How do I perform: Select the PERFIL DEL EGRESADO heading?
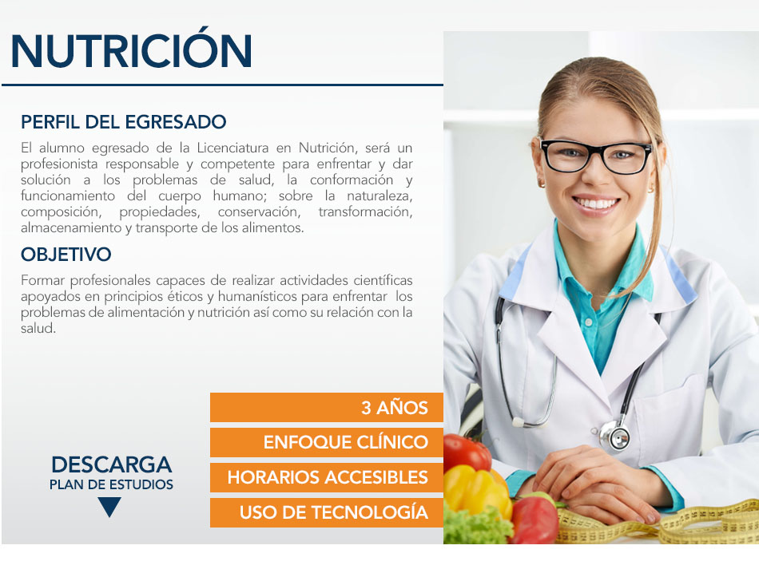123,122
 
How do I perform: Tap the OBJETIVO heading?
66,255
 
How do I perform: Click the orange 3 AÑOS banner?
327,407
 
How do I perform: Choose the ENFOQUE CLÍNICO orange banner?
327,442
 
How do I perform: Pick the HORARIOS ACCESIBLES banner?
327,477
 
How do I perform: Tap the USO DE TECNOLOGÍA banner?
327,512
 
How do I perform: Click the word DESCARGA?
111,464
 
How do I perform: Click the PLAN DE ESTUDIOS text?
111,484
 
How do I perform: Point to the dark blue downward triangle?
109,506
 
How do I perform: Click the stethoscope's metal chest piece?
614,434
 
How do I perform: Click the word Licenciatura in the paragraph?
232,148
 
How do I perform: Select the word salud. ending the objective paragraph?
38,328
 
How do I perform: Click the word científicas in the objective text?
383,280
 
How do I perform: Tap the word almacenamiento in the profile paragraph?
71,227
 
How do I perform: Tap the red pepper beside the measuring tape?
534,519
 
